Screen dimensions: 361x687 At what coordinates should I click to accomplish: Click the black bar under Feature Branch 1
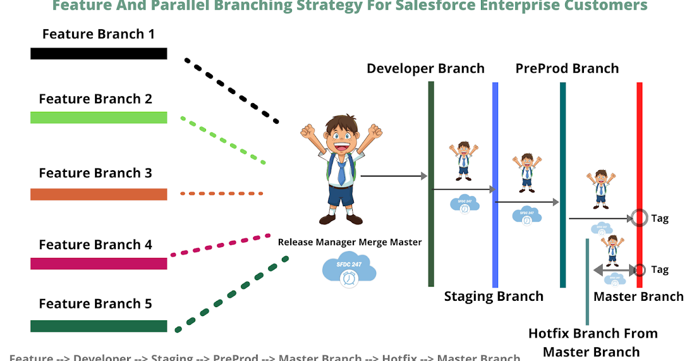tap(98, 53)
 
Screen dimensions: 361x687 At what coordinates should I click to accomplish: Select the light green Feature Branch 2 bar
tap(98, 117)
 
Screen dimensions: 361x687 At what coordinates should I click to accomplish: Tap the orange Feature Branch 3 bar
tap(98, 194)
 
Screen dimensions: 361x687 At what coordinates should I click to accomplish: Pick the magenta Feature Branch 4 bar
tap(98, 264)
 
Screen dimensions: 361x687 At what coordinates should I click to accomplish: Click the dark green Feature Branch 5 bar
tap(98, 326)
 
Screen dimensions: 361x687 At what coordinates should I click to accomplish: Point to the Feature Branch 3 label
tap(96, 173)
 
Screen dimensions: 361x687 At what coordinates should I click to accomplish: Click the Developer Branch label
tap(425, 69)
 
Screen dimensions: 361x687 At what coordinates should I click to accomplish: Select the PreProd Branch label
tap(567, 69)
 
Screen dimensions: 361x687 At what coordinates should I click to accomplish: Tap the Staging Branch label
tap(493, 296)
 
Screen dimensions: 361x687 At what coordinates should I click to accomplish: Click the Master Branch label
tap(638, 296)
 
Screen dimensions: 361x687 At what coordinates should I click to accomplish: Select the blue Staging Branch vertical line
tap(495, 143)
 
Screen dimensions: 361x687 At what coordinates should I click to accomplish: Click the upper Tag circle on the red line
tap(639, 218)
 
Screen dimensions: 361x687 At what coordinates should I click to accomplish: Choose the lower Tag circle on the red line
tap(639, 270)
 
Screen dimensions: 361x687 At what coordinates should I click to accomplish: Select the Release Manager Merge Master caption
tap(349, 242)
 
